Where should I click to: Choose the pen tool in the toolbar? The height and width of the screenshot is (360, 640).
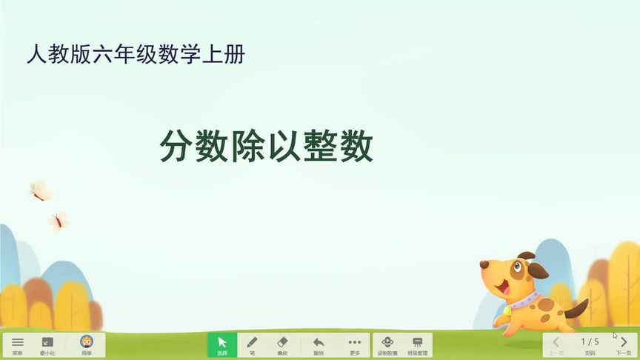[252, 343]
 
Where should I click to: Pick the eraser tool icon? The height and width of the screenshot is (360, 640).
[281, 343]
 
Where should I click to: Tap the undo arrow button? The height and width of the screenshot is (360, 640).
[319, 343]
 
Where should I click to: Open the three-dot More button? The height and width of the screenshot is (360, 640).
[355, 343]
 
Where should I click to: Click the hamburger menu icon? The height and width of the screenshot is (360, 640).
[17, 343]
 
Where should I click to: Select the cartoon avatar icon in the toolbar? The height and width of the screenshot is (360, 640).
[87, 342]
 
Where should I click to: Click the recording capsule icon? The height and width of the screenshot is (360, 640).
[387, 343]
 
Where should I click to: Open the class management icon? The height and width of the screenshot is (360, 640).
[418, 343]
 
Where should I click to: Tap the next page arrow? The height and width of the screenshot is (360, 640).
[624, 342]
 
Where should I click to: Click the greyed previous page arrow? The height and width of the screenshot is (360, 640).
[556, 342]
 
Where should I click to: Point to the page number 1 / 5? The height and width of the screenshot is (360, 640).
[590, 341]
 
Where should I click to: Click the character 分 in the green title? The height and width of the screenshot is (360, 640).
[174, 147]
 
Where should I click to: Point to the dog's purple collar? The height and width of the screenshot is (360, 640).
[525, 300]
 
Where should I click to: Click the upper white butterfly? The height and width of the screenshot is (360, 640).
[40, 190]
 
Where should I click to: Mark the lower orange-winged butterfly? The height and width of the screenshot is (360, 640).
[58, 220]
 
